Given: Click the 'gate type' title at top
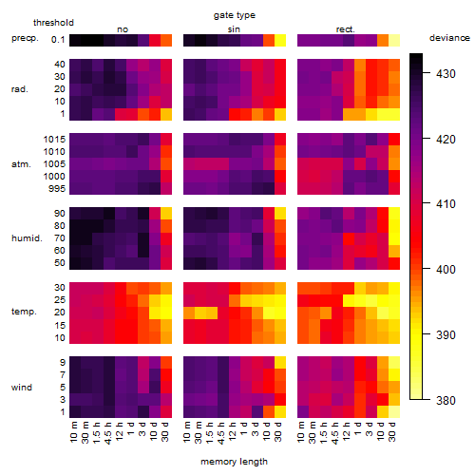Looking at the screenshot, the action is coord(235,15).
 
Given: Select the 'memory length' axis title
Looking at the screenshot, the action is coord(234,462).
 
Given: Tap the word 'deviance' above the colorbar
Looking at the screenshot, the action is coord(449,38).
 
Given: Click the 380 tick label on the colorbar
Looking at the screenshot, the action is coord(446,401).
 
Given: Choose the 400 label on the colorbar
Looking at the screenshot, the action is coord(446,270).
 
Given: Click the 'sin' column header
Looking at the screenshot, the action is coord(234,29).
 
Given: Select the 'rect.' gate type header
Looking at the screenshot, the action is coord(346,29).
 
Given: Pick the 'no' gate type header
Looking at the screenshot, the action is coord(123,29).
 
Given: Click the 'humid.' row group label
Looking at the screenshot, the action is coord(27,238).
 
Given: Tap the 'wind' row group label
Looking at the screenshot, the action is coord(22,388).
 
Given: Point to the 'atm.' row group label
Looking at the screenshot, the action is coord(21,164).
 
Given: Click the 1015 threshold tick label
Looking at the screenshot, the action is coord(54,140).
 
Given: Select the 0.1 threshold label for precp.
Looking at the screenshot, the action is coord(58,40).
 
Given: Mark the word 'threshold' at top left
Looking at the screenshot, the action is coord(53,23).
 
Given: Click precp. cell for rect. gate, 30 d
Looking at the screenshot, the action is coord(394,40).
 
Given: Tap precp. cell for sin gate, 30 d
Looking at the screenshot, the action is coord(280,40).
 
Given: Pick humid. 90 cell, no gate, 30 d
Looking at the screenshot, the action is coord(166,214).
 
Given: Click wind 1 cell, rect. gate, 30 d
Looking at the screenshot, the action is coord(394,411).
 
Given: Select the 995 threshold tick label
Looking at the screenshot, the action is coord(57,189).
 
